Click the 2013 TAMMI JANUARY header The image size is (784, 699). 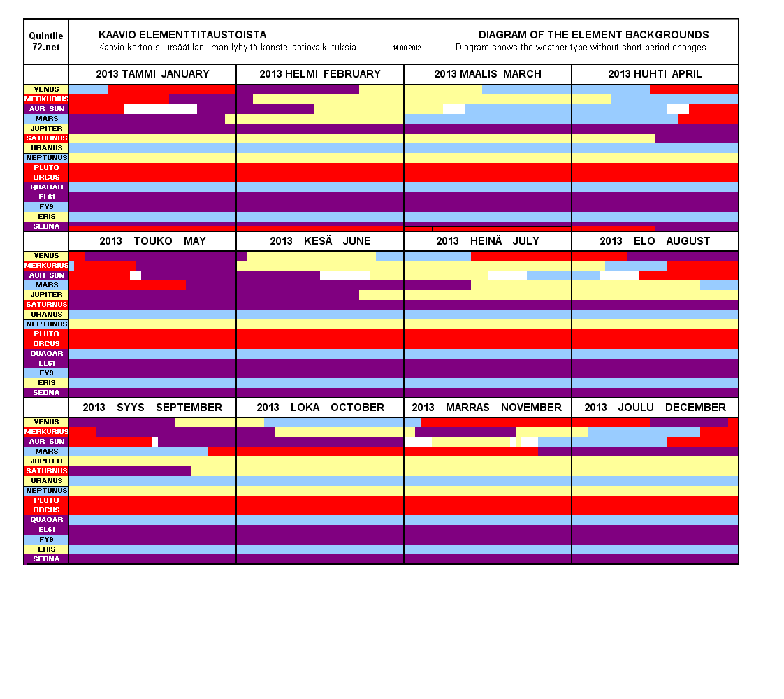tap(152, 74)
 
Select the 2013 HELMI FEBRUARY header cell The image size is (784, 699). tap(320, 74)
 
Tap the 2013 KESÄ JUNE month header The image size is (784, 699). tap(320, 241)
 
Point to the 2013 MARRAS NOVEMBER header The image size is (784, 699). tap(487, 408)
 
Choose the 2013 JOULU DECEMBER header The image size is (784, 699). tap(655, 408)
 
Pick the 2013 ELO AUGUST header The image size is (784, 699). tap(655, 241)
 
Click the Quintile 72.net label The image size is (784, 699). tap(46, 41)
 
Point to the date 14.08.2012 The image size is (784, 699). tap(407, 48)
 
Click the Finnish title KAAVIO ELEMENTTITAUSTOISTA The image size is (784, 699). tap(182, 35)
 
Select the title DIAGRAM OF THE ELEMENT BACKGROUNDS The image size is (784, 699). tap(593, 35)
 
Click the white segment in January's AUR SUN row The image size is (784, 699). tap(161, 109)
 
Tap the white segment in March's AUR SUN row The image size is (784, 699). tap(454, 109)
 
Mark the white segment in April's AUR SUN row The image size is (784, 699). tap(678, 109)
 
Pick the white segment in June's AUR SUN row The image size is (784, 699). tap(345, 275)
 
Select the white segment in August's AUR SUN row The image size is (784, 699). tap(619, 275)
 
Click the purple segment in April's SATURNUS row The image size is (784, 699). tap(697, 138)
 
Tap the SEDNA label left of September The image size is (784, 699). tap(46, 559)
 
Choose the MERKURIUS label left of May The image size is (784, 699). tap(46, 266)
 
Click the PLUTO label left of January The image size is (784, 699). tap(46, 168)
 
